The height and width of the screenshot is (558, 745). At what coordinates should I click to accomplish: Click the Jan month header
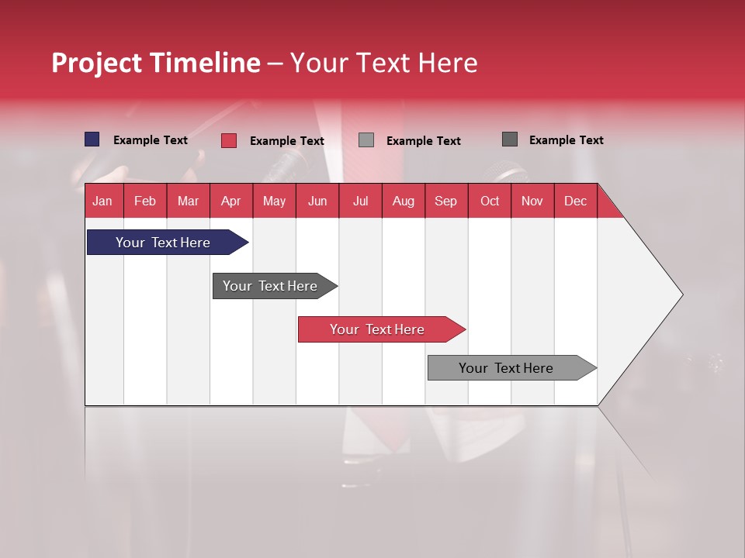pyautogui.click(x=103, y=201)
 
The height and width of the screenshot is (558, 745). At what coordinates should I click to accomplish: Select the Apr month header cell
pyautogui.click(x=231, y=201)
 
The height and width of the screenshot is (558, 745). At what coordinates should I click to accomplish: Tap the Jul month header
pyautogui.click(x=360, y=201)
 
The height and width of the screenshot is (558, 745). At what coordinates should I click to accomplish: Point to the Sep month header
pyautogui.click(x=446, y=201)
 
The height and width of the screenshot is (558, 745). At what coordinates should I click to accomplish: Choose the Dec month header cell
pyautogui.click(x=575, y=201)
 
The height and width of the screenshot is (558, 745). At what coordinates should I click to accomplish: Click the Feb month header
pyautogui.click(x=145, y=201)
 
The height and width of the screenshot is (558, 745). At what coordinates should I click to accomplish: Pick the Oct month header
pyautogui.click(x=490, y=201)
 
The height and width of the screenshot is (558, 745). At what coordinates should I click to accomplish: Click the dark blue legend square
pyautogui.click(x=92, y=139)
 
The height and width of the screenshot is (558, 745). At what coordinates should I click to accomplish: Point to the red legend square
pyautogui.click(x=229, y=140)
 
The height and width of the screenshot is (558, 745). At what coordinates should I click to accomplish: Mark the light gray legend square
pyautogui.click(x=366, y=140)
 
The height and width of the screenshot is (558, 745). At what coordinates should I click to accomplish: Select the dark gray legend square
pyautogui.click(x=510, y=139)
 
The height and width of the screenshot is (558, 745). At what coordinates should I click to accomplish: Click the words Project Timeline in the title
pyautogui.click(x=156, y=63)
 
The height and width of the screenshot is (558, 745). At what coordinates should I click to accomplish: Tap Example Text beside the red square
pyautogui.click(x=286, y=141)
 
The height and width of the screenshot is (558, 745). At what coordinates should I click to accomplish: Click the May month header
pyautogui.click(x=274, y=201)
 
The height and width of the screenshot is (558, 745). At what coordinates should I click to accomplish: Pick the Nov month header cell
pyautogui.click(x=532, y=201)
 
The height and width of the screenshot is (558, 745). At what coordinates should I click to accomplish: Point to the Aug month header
pyautogui.click(x=404, y=201)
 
